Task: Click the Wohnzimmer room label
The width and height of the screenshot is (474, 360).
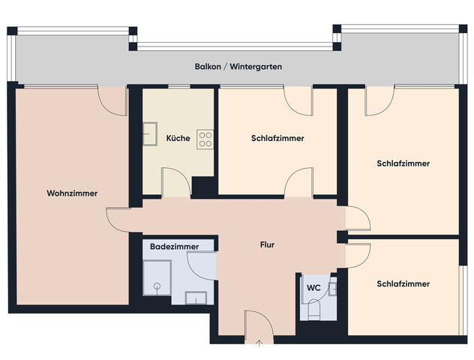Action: tap(72, 193)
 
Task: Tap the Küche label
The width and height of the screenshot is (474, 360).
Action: tap(178, 139)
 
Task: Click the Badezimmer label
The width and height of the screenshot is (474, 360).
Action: tap(174, 247)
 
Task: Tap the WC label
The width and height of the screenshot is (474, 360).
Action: tap(313, 286)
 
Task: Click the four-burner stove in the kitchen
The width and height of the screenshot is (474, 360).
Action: tap(205, 139)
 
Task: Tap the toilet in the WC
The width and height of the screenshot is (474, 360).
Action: tap(313, 310)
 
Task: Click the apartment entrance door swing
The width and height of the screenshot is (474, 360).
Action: tap(255, 322)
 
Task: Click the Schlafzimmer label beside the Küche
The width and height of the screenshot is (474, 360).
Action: tap(277, 139)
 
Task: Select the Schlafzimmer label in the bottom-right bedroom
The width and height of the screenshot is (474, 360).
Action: tap(403, 284)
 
